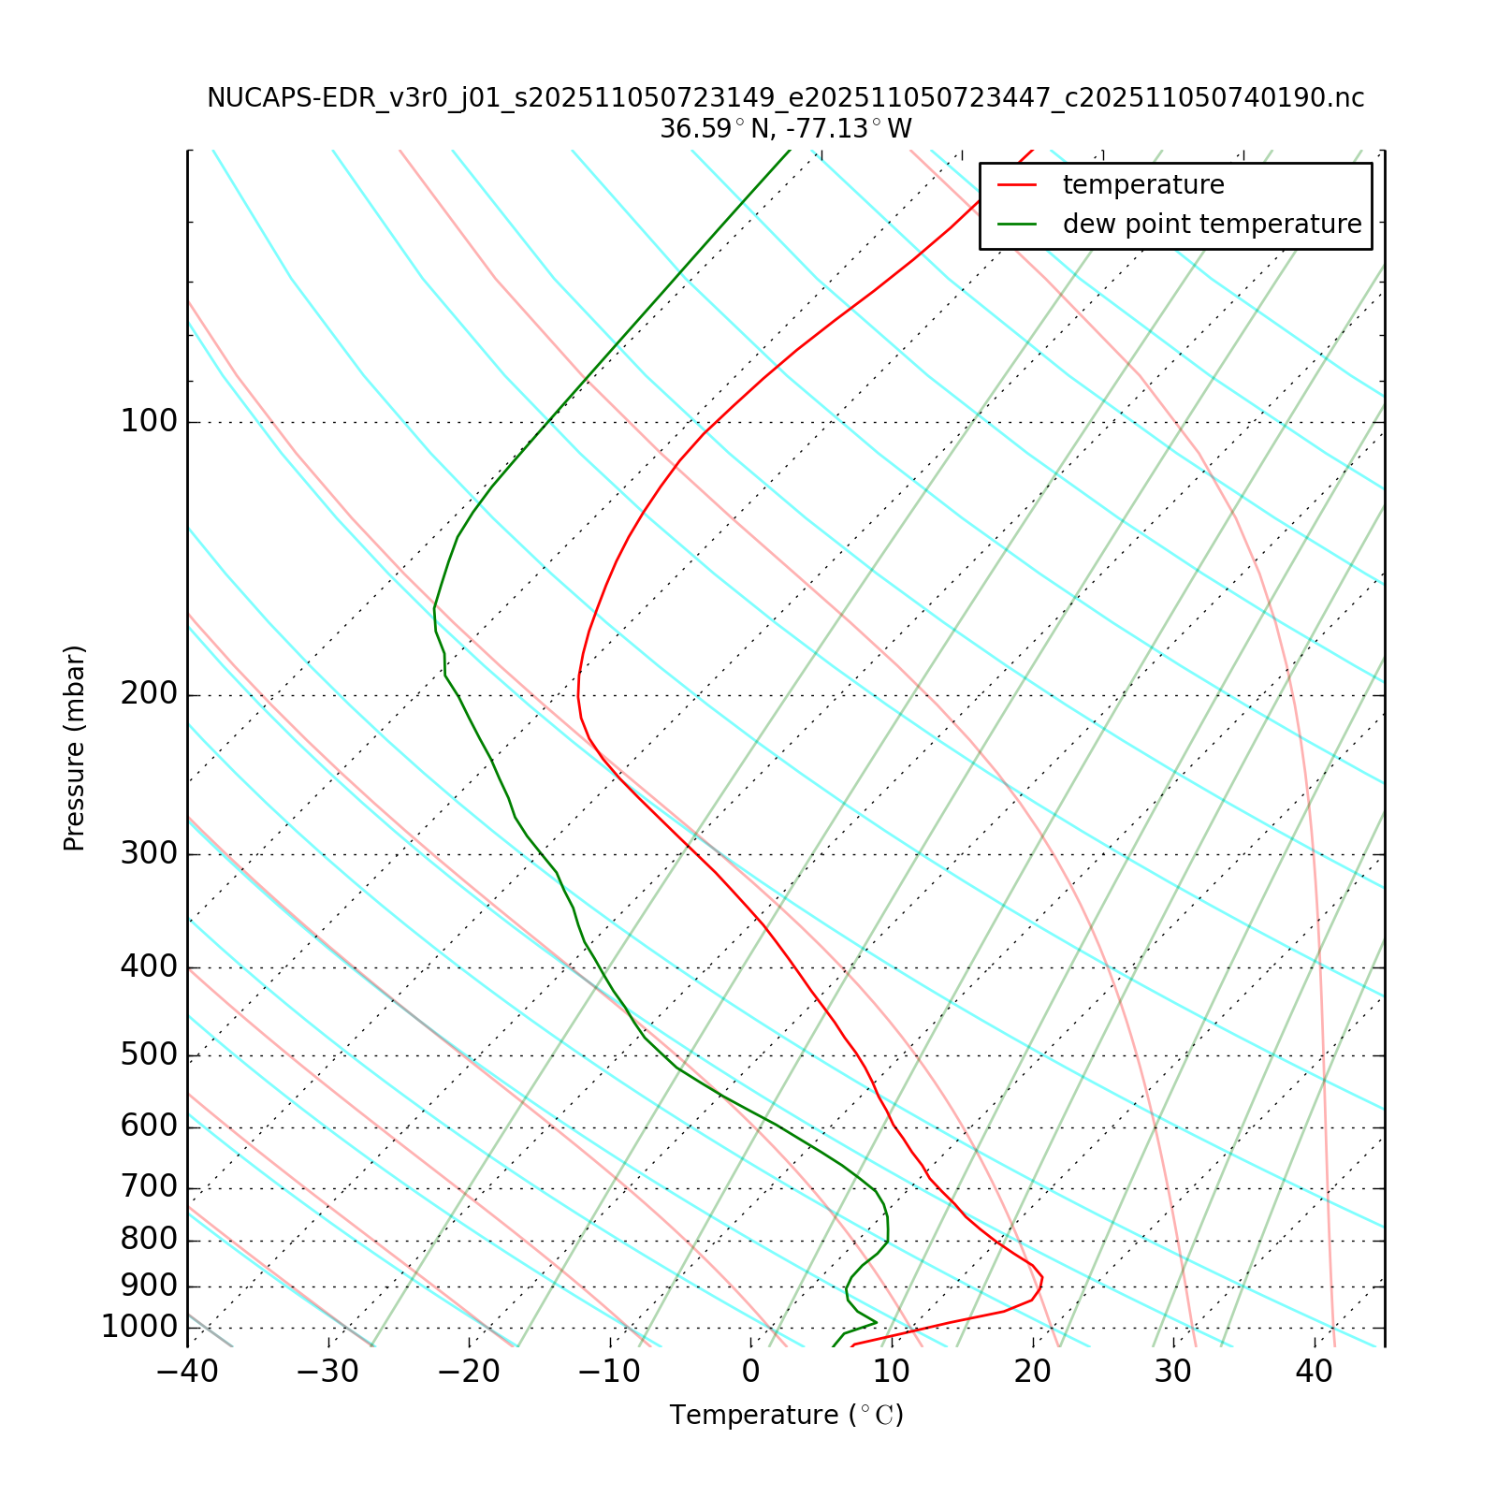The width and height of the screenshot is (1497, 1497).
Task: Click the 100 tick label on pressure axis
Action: tap(149, 422)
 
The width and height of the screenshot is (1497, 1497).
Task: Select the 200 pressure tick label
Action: tap(149, 695)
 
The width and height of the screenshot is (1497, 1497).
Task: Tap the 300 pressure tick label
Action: tap(149, 854)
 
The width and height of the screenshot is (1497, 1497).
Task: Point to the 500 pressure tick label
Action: tap(149, 1055)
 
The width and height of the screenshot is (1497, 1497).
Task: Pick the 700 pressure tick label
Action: tap(149, 1188)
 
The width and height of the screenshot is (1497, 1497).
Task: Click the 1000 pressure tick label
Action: tap(139, 1327)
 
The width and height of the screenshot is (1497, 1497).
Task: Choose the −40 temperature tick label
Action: tap(187, 1373)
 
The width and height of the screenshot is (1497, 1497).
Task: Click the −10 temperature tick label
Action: tap(610, 1373)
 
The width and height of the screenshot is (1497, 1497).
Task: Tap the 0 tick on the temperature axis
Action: tap(751, 1373)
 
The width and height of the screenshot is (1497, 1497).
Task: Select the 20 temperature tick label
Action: tap(1033, 1373)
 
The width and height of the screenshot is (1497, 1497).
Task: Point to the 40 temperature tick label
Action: tap(1315, 1373)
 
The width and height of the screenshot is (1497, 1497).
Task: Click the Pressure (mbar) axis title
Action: tap(75, 748)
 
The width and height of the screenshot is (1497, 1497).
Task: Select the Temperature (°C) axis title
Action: tap(786, 1416)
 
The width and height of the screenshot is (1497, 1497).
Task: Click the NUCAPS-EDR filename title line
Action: tap(786, 98)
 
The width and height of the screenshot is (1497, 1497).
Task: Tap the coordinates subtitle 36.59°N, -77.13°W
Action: tap(786, 129)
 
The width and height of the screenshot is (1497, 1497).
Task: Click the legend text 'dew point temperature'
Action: tap(1212, 225)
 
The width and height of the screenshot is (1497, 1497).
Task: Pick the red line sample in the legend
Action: tap(1018, 185)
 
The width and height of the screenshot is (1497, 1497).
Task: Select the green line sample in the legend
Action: tap(1018, 225)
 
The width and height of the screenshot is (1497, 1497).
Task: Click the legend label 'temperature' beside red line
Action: tap(1143, 185)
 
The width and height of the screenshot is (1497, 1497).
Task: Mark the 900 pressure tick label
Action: tap(149, 1286)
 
